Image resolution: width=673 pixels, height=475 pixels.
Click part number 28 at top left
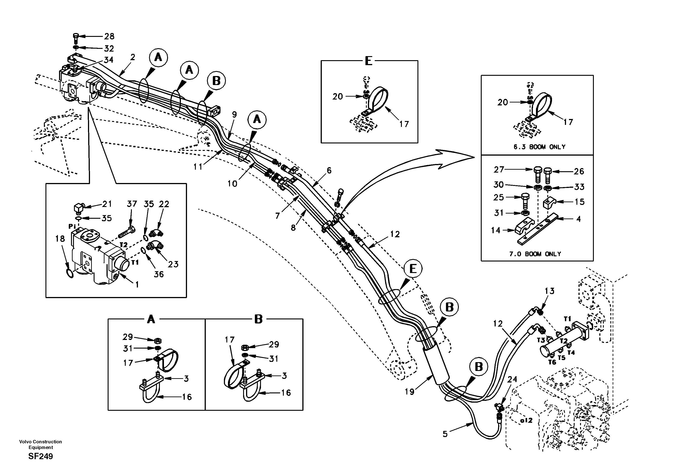click(109, 36)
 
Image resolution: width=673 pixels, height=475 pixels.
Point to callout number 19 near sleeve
click(410, 392)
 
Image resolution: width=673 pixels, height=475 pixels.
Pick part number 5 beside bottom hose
click(445, 434)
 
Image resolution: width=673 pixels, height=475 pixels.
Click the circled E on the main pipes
click(413, 269)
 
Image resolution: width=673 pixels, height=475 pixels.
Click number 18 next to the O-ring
click(60, 239)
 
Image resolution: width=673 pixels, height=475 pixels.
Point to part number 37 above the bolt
click(132, 204)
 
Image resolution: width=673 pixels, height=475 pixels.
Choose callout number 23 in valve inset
click(173, 264)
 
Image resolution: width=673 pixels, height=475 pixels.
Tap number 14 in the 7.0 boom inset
click(496, 230)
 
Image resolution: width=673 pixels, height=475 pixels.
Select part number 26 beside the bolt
click(579, 171)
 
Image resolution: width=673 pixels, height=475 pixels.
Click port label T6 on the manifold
click(552, 362)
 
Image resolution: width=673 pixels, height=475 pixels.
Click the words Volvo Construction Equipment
click(40, 444)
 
